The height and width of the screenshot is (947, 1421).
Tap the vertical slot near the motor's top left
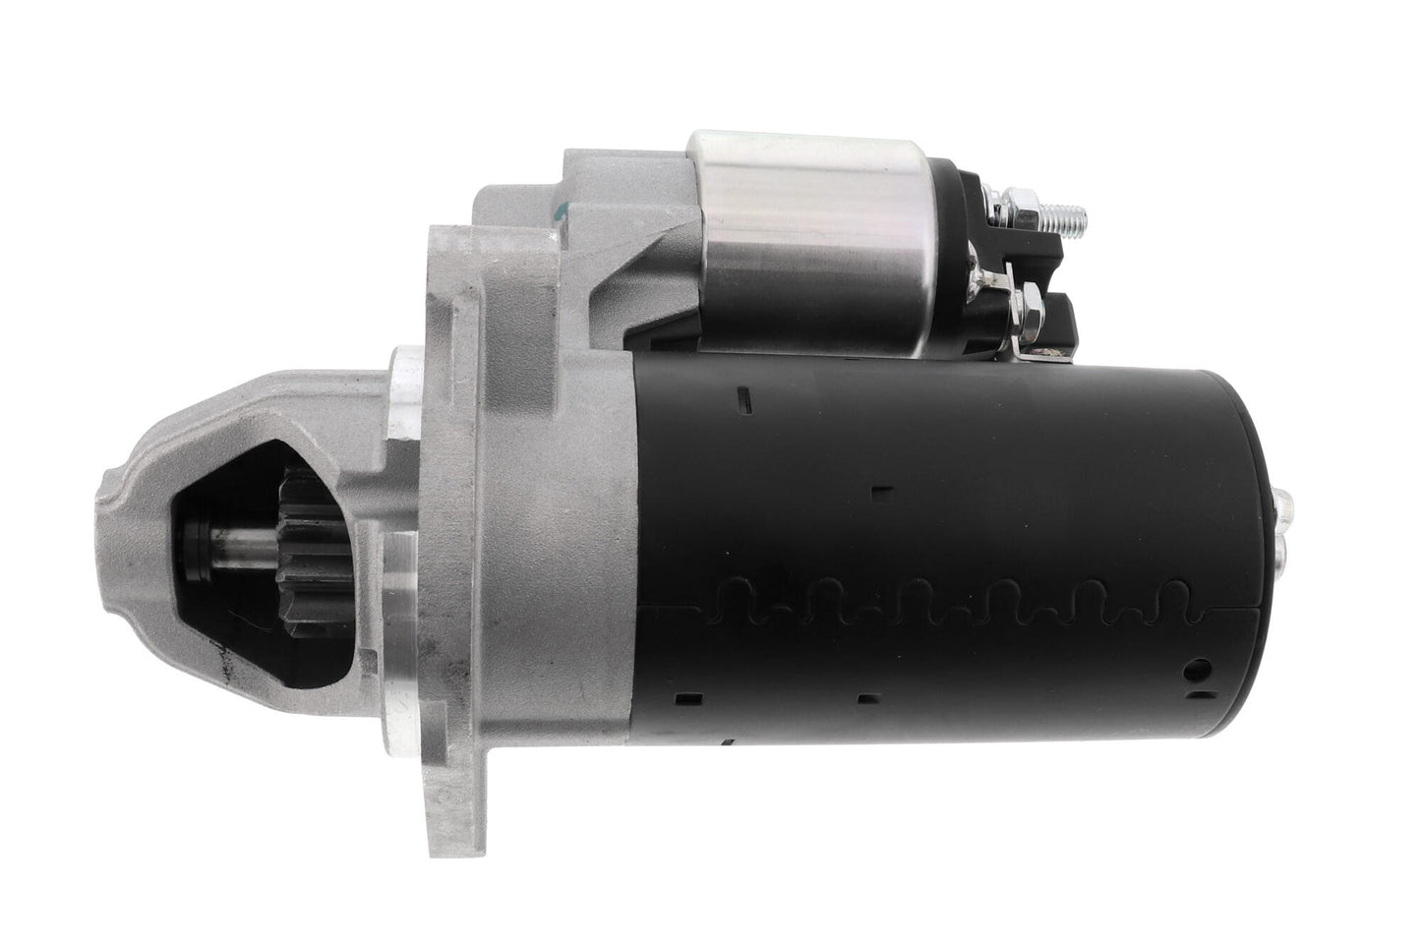point(744,398)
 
